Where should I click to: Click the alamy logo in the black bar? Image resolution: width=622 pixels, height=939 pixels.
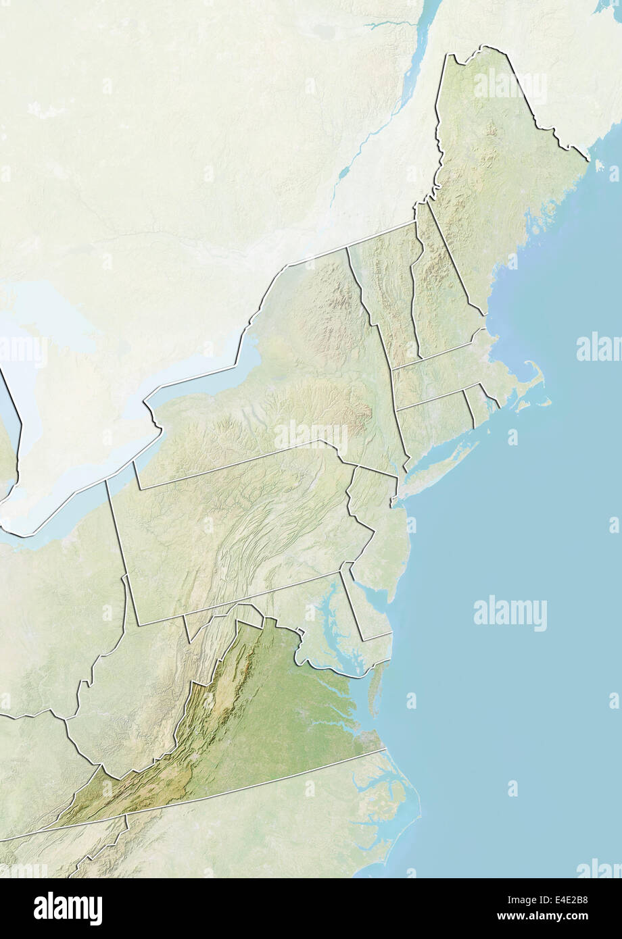[68, 909]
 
